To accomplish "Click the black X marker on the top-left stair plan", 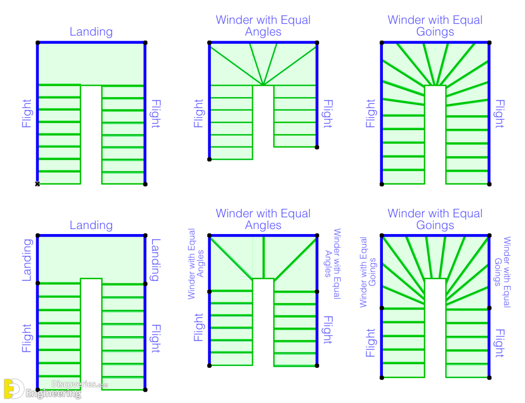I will click(x=38, y=183).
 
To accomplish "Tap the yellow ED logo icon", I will click(x=13, y=389).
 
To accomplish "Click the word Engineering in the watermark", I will click(x=53, y=394).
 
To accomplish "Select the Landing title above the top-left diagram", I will click(x=91, y=32).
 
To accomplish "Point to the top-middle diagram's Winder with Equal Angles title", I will click(x=263, y=26).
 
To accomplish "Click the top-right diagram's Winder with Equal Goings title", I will click(x=435, y=26).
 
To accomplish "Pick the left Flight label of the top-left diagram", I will click(x=27, y=113).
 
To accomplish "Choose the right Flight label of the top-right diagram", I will click(x=499, y=114).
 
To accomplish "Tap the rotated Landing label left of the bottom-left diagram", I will click(x=27, y=260).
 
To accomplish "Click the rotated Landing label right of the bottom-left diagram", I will click(x=155, y=260).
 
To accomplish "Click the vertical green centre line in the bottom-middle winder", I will click(x=263, y=257).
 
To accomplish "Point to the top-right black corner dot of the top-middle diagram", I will click(x=317, y=43).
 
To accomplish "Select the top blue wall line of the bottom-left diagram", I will click(x=91, y=235).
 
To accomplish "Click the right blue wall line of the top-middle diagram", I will click(x=317, y=95).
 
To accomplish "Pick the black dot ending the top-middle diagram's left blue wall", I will click(x=209, y=159).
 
